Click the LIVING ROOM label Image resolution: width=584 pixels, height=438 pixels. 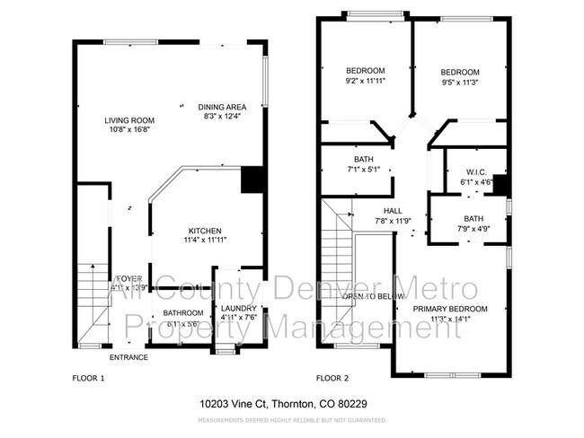pos(129,120)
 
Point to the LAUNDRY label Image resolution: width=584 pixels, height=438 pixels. pos(238,307)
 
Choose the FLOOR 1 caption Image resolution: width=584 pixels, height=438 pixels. pos(89,379)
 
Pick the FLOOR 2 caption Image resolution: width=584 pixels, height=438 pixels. pos(332,379)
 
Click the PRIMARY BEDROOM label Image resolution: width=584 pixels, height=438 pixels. pos(450,308)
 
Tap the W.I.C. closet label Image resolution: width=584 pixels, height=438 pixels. pos(476,172)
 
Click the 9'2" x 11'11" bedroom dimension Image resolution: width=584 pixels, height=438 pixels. pos(366,80)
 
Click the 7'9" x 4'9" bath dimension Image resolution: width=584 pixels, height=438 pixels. pos(473,228)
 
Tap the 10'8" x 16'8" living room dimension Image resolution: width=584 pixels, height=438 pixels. pos(129,129)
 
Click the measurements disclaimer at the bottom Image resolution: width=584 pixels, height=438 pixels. pos(291,419)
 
